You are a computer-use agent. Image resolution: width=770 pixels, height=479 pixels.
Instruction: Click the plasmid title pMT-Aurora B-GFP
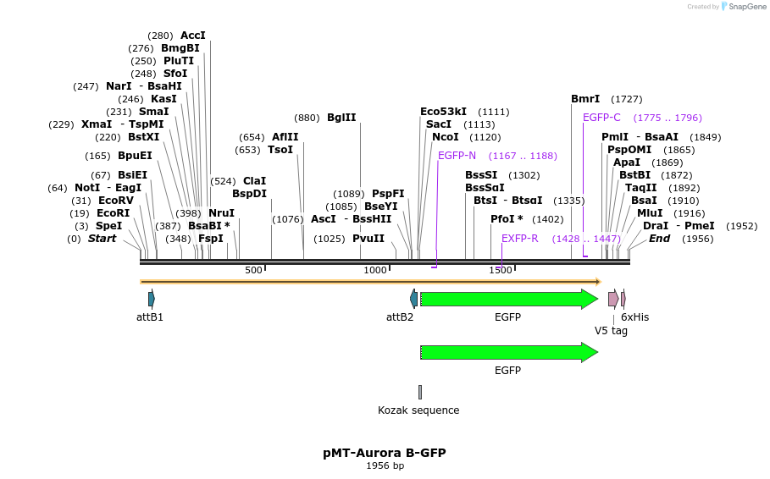coord(384,453)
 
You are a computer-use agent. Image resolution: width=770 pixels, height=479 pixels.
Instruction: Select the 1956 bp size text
coord(384,466)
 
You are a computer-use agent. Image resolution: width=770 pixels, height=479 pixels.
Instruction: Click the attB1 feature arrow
coord(151,299)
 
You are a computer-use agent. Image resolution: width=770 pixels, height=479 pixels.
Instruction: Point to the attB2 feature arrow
coord(413,299)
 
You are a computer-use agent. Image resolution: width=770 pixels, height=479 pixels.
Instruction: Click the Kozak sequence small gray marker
coord(419,392)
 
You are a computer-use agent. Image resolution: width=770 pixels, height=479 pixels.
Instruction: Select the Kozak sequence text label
coord(418,410)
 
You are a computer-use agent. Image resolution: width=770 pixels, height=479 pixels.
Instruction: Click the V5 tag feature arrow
coord(613,299)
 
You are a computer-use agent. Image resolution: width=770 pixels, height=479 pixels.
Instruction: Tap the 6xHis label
coord(634,317)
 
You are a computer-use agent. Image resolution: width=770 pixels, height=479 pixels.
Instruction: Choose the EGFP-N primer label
coord(457,156)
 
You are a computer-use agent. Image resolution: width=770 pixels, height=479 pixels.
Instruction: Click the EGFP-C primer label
coord(601,118)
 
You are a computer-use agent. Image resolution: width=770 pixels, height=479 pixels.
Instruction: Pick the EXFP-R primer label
coord(519,239)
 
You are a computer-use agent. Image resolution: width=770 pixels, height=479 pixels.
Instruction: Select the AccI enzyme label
coord(193,36)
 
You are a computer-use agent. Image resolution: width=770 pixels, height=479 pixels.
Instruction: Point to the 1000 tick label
coord(375,270)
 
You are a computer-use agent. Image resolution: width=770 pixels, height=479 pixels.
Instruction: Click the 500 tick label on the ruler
coord(253,270)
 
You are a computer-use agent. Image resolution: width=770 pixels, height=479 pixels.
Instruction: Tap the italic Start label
coord(102,239)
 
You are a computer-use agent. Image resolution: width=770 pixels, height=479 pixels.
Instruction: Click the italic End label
coord(659,239)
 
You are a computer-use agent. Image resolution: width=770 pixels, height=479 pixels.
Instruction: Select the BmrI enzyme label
coord(585,99)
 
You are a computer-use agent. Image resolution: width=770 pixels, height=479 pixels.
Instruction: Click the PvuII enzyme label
coord(368,239)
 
